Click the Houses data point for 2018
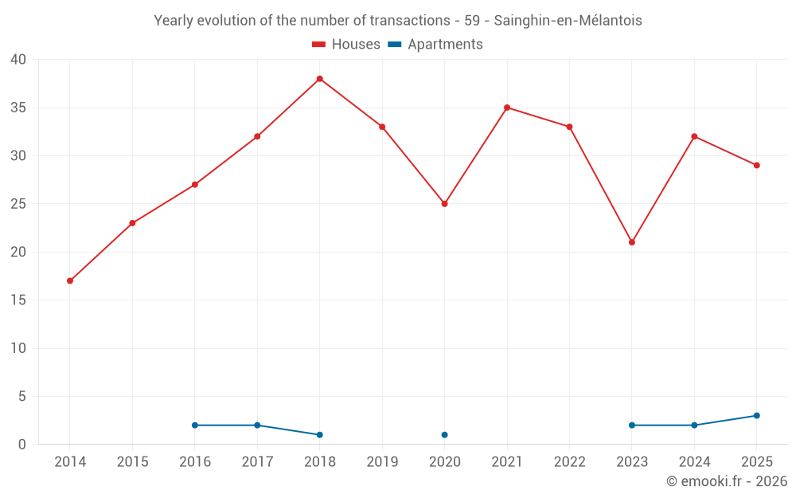coord(320,79)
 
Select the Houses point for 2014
coord(70,280)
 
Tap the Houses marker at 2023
coord(632,242)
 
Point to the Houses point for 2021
coord(507,108)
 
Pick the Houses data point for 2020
coord(445,204)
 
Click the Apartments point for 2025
coord(757,416)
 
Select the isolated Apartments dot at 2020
coord(445,435)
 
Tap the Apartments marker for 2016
coord(195,425)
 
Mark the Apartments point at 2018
coord(320,435)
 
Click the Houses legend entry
coord(346,44)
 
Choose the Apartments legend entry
coord(435,44)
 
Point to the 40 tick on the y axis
coord(18,60)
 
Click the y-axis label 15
coord(18,300)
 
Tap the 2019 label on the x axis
coord(382,461)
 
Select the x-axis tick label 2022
coord(570,461)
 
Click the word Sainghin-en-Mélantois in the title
coord(568,21)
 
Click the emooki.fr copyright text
coord(727,480)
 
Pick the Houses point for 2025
coord(757,165)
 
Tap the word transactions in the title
coord(410,21)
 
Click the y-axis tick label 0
coord(21,444)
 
